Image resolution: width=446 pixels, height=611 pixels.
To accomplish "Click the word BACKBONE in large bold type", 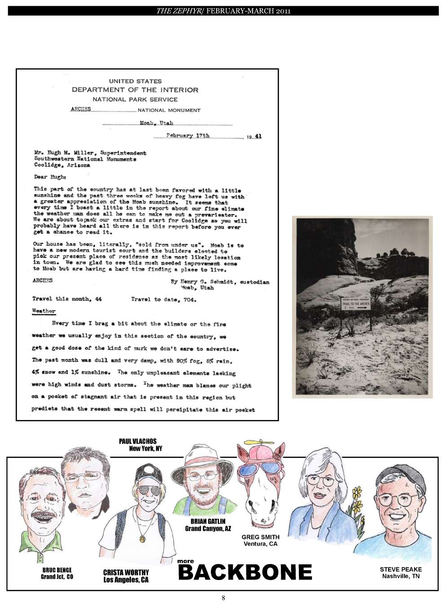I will tap(245, 572).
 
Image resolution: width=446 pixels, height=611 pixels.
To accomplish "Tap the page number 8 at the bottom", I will tap(223, 598).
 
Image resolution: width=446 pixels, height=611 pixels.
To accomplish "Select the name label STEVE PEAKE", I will tap(401, 569).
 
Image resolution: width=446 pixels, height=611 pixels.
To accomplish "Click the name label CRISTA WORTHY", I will tap(126, 572).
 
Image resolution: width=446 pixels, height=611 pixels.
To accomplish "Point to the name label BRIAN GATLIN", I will tap(208, 521).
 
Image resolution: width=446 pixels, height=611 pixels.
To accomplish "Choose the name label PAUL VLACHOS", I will tap(138, 441).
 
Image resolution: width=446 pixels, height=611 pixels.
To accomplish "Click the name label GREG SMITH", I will tap(260, 537).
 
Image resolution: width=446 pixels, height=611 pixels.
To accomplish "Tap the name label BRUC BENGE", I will tap(57, 570).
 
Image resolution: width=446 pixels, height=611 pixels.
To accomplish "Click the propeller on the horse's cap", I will tap(255, 442).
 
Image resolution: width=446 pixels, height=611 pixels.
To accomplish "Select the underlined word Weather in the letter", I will tap(44, 311).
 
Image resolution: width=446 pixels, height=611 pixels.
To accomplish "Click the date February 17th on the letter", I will tap(188, 135).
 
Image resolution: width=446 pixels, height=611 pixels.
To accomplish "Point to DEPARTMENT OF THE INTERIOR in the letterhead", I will tap(135, 90).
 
